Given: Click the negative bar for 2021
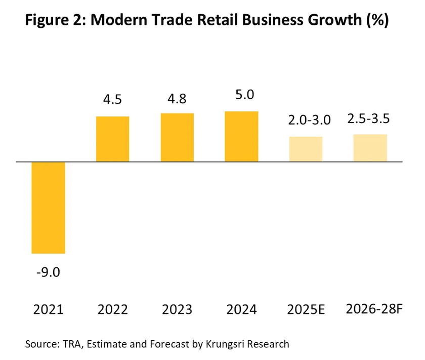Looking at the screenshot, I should point(48,208).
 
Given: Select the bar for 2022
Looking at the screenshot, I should point(112,139).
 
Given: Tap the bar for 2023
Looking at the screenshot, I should point(177,138).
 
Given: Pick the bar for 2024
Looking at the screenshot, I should point(241,137).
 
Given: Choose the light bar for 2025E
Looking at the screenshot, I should point(306,149).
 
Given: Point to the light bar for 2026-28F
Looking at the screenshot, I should point(370,148).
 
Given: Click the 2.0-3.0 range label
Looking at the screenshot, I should point(306,120).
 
